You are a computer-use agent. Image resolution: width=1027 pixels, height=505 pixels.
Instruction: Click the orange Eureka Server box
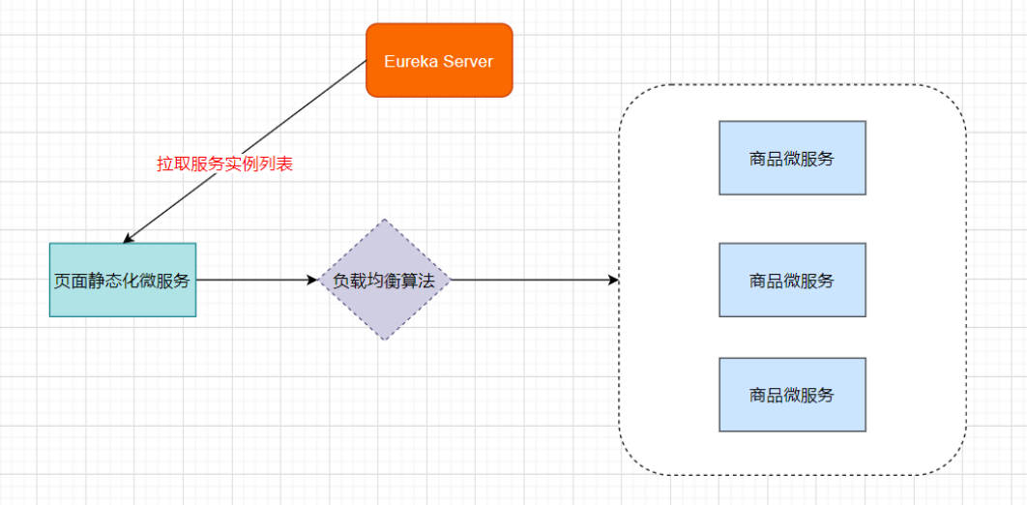439,60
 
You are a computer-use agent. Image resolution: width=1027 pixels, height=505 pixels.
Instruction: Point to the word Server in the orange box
468,62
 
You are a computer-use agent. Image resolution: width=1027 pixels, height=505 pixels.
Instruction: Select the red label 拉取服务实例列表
224,164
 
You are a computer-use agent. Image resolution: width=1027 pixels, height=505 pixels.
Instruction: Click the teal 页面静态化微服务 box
123,280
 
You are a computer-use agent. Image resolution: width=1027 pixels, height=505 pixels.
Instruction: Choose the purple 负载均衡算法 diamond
385,280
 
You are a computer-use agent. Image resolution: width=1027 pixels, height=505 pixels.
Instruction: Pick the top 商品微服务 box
792,158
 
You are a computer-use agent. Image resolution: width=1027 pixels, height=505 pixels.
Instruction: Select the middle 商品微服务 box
792,280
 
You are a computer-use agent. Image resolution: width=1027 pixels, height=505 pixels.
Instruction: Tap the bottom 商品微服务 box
792,395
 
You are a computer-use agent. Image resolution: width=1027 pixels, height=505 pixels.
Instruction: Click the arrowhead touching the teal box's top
128,238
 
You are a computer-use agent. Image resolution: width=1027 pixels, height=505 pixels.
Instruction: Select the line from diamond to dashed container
532,280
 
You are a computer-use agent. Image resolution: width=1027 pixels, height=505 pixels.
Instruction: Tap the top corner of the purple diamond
385,221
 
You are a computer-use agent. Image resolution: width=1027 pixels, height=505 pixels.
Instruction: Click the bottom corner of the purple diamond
385,340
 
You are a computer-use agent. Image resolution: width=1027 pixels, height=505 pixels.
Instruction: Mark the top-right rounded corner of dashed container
953,99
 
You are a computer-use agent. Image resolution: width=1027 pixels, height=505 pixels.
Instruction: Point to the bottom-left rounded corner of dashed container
632,461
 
